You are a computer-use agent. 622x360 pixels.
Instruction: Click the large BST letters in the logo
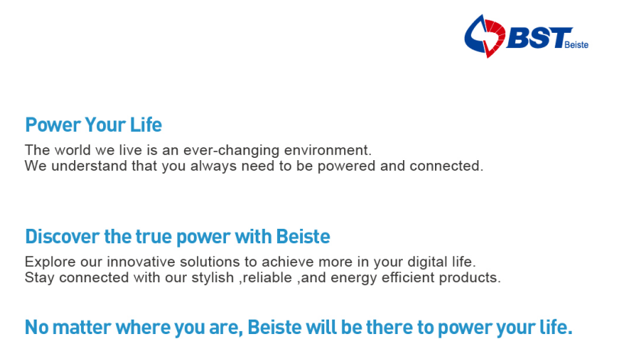point(540,38)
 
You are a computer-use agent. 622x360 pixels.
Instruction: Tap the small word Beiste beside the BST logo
point(576,45)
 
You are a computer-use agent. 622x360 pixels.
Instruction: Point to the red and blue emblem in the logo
point(485,36)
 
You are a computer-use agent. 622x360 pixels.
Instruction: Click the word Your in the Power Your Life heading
point(105,125)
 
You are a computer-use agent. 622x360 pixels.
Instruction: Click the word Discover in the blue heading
point(63,236)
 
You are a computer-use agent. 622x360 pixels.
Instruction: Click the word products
point(469,278)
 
